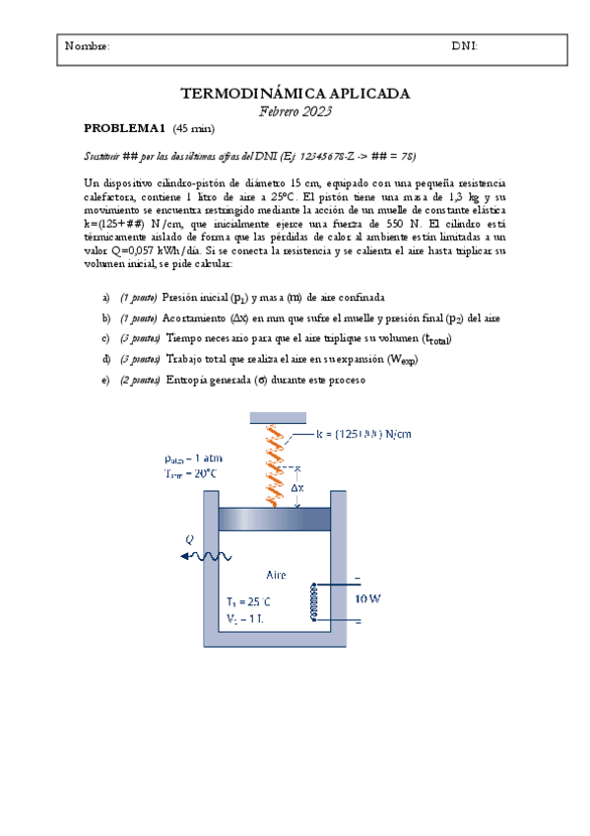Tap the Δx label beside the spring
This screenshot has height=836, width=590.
pyautogui.click(x=297, y=487)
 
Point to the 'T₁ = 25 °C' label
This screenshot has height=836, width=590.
pyautogui.click(x=248, y=601)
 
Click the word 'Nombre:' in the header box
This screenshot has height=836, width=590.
pyautogui.click(x=87, y=46)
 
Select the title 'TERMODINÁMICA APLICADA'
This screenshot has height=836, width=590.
pyautogui.click(x=295, y=94)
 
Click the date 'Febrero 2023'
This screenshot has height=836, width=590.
pyautogui.click(x=295, y=111)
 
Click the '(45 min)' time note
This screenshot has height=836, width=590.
pyautogui.click(x=193, y=129)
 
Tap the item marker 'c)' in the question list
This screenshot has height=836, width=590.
pyautogui.click(x=106, y=338)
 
